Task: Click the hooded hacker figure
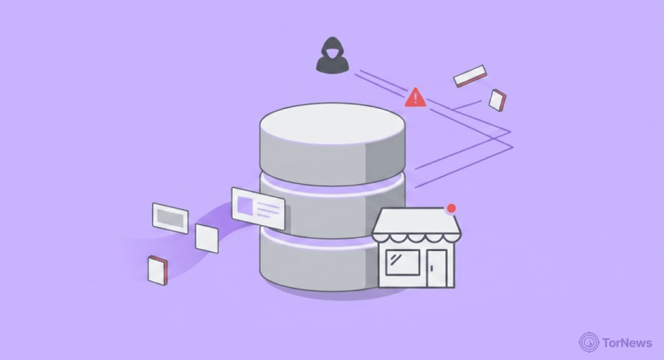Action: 333,55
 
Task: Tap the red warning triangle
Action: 416,98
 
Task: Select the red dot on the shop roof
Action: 451,208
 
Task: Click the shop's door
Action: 436,268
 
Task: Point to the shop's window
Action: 402,262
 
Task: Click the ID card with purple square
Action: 258,208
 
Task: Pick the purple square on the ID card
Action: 244,205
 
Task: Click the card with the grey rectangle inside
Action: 171,218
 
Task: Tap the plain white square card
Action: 207,239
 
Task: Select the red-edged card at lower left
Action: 158,270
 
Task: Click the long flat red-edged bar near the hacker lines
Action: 469,76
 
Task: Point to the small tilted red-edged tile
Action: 497,101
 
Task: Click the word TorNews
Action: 627,342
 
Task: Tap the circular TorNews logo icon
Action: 589,342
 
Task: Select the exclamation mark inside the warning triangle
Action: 416,99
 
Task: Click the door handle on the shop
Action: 431,268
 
